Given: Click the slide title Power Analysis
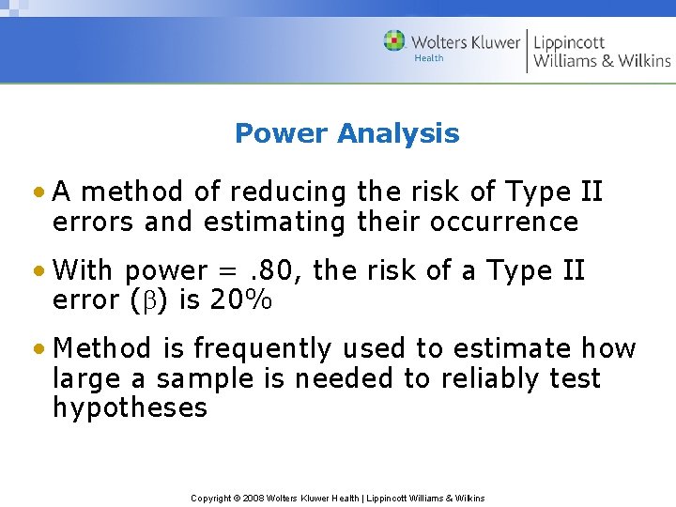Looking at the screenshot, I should click(346, 133).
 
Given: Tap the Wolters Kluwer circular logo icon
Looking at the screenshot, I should click(394, 41).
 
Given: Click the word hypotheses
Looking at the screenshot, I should click(130, 408).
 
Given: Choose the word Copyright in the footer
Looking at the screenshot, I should click(210, 498).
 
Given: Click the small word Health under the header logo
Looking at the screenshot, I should click(429, 58).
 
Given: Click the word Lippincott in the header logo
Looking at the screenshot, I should click(570, 42).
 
